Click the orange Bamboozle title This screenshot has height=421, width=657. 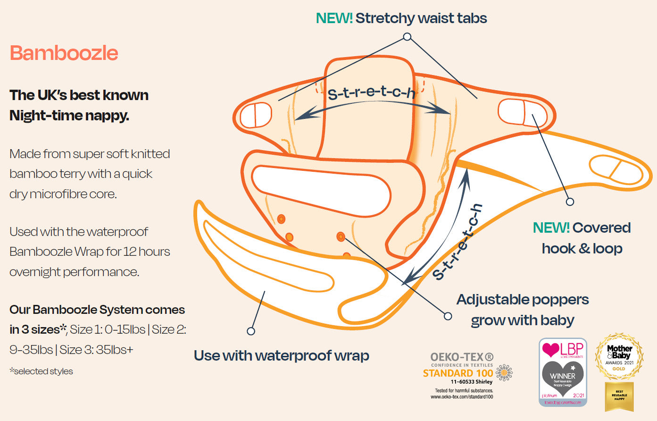pos(64,53)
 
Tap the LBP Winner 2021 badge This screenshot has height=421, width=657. pos(563,372)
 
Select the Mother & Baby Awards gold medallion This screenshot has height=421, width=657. pos(619,357)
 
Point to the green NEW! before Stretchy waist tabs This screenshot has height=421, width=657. pos(334,18)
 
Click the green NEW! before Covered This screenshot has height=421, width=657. pos(551,228)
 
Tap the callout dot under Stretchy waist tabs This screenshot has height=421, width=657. pos(407,37)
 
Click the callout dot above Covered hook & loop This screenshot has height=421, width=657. pos(570,202)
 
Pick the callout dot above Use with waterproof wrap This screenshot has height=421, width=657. pos(251,331)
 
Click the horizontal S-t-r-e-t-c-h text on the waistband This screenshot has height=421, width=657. pos(371,92)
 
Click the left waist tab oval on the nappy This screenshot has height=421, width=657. pos(255,115)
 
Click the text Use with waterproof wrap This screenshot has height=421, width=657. pos(281,355)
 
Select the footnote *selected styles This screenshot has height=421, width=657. pos(41,371)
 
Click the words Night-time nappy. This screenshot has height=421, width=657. pos(69,115)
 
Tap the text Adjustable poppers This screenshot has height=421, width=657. pos(522,300)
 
